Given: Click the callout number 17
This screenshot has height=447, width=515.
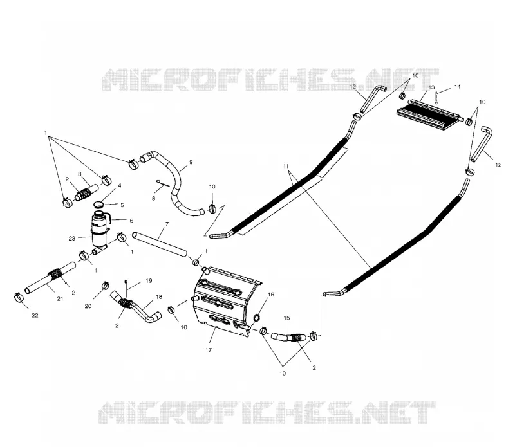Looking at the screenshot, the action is tap(209, 350).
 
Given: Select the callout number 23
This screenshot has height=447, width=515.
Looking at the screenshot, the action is tap(72, 239).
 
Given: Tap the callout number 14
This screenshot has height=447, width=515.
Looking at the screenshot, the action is tap(457, 87).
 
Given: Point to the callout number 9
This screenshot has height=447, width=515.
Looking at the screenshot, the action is tap(191, 162).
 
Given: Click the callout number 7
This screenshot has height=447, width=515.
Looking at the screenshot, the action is tap(167, 224).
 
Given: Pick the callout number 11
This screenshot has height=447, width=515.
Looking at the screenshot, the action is tap(286, 167).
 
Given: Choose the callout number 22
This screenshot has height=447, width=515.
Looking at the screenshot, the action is tap(35, 315).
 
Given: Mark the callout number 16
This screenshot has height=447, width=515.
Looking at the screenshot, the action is tap(270, 295).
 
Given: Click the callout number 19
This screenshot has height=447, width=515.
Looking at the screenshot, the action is tap(149, 281).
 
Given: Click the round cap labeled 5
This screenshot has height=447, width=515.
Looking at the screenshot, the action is tap(98, 205).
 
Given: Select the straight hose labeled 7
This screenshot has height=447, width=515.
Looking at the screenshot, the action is tap(160, 244).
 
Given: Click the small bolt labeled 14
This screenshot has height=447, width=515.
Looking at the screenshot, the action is tap(436, 98).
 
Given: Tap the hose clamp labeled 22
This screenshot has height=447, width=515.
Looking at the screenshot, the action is tap(19, 298).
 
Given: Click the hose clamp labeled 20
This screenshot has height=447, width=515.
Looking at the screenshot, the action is tap(105, 285).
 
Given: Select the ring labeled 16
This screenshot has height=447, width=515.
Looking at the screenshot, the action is tap(257, 318).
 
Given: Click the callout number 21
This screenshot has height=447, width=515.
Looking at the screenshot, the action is tap(59, 298).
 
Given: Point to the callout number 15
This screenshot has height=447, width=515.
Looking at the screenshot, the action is tap(286, 318).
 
